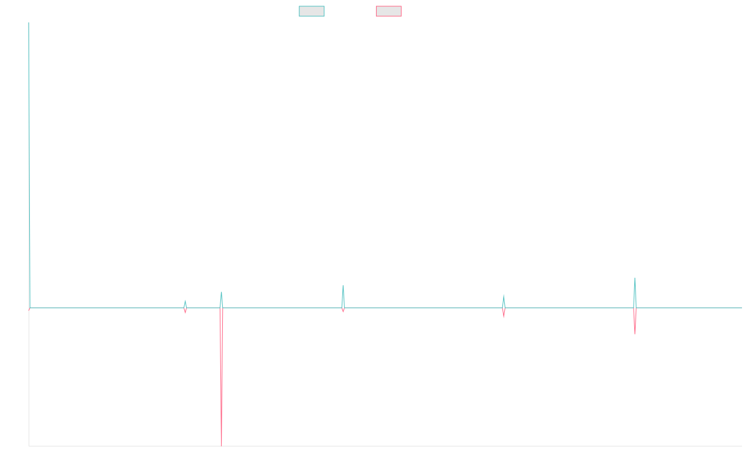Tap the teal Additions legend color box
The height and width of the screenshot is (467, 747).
(312, 11)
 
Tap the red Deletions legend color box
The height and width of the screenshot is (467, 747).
(389, 11)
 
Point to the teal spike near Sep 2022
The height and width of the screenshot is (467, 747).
(504, 296)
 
